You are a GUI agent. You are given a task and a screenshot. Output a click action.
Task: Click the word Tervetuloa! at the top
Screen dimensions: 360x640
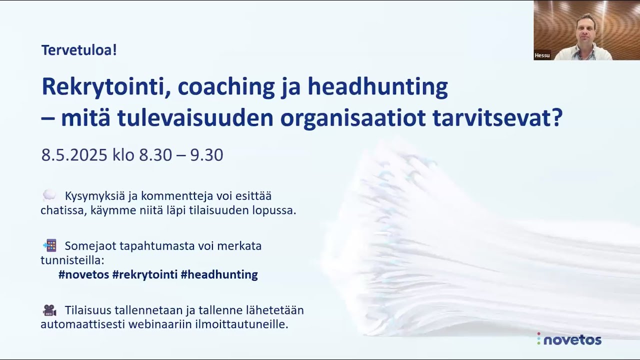pos(79,50)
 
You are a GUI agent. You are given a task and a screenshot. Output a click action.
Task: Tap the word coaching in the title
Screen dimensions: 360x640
pos(226,86)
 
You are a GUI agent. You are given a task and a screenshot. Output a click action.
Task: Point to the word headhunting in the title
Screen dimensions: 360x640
pos(377,86)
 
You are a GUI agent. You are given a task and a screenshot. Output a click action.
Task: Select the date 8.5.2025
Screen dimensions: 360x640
pos(74,155)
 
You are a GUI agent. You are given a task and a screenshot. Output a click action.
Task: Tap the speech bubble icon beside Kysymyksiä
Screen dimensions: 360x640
pos(49,195)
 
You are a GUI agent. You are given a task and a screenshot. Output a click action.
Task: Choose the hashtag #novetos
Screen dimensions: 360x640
pos(83,274)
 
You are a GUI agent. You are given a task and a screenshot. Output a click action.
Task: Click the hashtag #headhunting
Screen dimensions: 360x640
pos(219,274)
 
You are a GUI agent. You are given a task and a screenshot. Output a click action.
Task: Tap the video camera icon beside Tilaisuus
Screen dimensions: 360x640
pos(49,310)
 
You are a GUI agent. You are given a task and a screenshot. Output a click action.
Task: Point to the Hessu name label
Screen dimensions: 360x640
pos(542,55)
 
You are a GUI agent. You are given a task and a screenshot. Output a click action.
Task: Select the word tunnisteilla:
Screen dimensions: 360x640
pos(72,260)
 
